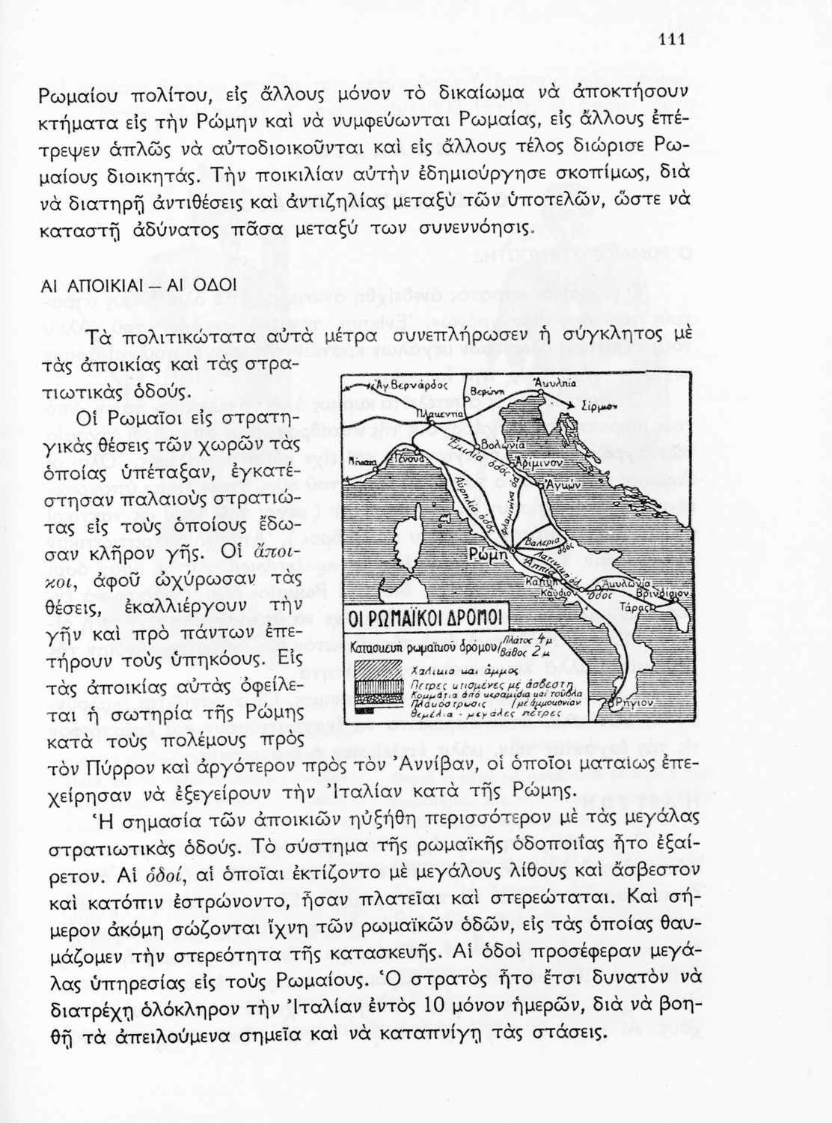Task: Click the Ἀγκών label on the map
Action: tap(564, 486)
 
